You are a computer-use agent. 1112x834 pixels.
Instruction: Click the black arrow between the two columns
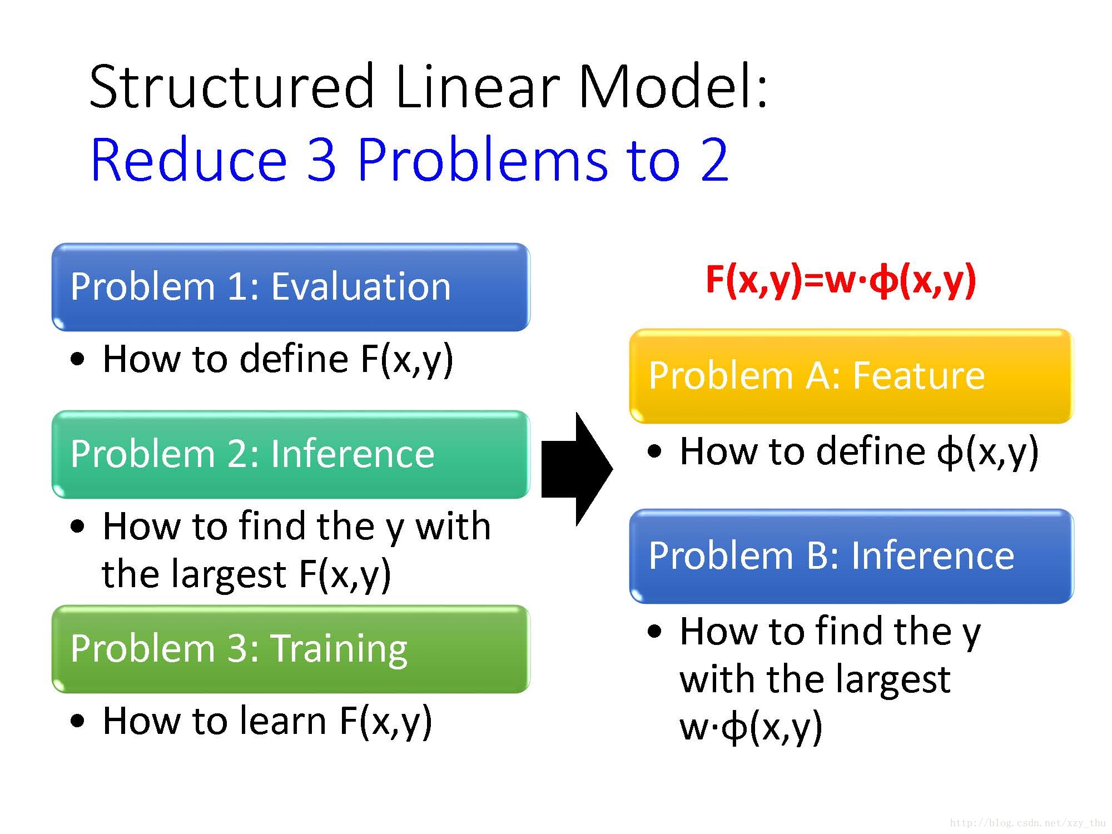pyautogui.click(x=575, y=469)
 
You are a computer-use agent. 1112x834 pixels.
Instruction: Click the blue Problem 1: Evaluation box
pyautogui.click(x=291, y=287)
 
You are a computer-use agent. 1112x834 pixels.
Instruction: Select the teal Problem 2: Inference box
pyautogui.click(x=291, y=454)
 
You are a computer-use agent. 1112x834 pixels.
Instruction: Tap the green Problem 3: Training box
pyautogui.click(x=291, y=649)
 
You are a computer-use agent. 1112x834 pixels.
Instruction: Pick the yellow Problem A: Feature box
pyautogui.click(x=851, y=376)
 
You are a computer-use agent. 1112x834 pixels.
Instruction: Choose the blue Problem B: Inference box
pyautogui.click(x=851, y=556)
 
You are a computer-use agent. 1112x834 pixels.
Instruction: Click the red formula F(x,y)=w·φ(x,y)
pyautogui.click(x=841, y=280)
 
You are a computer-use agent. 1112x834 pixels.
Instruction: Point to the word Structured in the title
pyautogui.click(x=232, y=87)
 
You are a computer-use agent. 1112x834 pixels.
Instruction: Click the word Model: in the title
pyautogui.click(x=673, y=87)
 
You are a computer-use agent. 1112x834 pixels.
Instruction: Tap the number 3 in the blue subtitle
pyautogui.click(x=321, y=160)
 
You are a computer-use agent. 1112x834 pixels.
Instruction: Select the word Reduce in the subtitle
pyautogui.click(x=189, y=160)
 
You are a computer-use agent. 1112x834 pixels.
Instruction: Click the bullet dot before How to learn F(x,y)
pyautogui.click(x=78, y=721)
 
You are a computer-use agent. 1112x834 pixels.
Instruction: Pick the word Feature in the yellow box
pyautogui.click(x=919, y=376)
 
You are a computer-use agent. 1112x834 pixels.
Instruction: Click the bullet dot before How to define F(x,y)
pyautogui.click(x=78, y=359)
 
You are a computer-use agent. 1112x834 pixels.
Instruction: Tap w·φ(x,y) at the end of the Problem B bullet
pyautogui.click(x=751, y=727)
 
